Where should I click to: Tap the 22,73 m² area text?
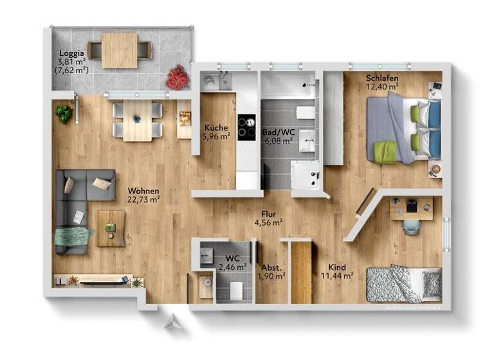click(143, 199)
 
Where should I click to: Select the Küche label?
click(215, 127)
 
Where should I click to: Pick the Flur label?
click(268, 214)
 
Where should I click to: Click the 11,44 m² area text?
click(337, 276)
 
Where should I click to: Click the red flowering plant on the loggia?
click(177, 78)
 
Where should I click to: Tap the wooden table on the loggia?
click(120, 50)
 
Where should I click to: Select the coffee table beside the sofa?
click(111, 228)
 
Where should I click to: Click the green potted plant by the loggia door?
click(64, 114)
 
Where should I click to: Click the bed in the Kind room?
click(403, 283)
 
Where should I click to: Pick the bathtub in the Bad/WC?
click(288, 86)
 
